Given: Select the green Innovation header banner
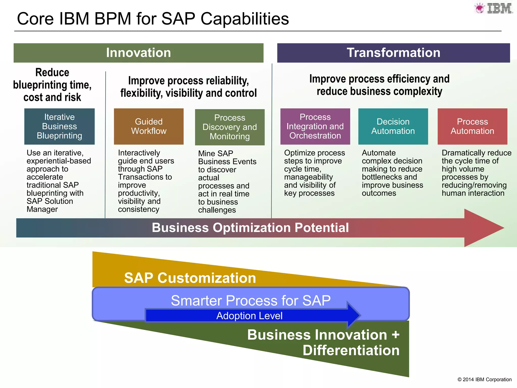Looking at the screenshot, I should coord(138,53).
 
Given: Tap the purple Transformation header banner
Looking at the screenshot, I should coord(393,53).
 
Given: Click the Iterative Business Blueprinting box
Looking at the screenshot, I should coord(59,126).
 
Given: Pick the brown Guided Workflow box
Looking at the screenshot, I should coord(149,126).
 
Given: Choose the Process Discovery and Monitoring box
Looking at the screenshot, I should coord(230,127).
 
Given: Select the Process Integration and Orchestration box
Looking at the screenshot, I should coord(315,126).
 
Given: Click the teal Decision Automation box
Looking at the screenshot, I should coord(393,126).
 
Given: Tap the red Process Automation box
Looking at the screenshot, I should coord(472,126).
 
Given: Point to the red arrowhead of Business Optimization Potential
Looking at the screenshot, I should coord(482,228).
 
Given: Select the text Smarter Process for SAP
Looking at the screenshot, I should coord(251,300).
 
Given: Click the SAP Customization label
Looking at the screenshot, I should coord(190,278).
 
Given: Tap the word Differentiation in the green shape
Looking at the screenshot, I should coord(351,350).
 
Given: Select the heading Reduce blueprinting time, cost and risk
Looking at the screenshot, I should coord(52,85).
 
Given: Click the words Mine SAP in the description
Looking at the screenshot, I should coord(216,153).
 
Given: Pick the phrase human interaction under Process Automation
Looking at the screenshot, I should coord(473,193).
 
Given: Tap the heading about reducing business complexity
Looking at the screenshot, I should coord(379,85).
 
